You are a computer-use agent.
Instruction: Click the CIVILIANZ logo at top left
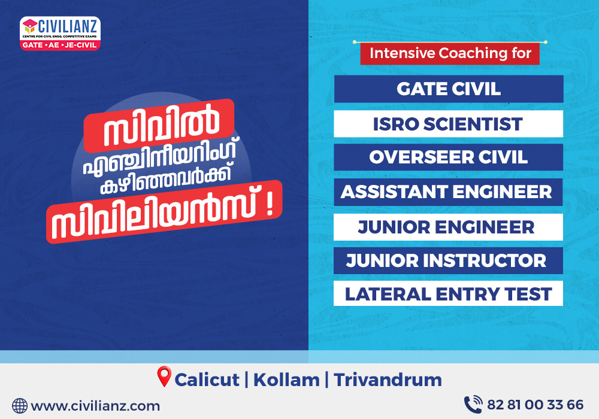[x=60, y=33]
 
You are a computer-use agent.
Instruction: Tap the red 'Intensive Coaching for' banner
[x=450, y=53]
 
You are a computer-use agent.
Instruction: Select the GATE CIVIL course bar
[x=449, y=89]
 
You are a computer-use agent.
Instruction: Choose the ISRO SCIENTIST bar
[x=449, y=124]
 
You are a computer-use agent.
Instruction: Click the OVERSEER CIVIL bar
[x=449, y=157]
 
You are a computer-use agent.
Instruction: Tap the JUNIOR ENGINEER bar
[x=448, y=227]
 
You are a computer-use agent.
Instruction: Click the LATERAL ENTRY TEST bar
[x=448, y=293]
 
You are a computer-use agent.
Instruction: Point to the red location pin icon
[x=164, y=377]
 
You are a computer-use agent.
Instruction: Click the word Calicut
[x=207, y=380]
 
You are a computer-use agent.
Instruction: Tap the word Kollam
[x=286, y=380]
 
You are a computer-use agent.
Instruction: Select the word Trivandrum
[x=388, y=380]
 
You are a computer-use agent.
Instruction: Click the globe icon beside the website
[x=20, y=406]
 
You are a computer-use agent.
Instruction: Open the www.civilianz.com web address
[x=95, y=406]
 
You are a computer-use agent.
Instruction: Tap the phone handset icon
[x=473, y=405]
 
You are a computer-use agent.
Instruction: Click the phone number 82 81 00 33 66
[x=535, y=405]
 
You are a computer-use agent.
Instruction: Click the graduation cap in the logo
[x=30, y=26]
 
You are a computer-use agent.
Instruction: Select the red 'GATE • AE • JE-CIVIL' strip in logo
[x=60, y=45]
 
